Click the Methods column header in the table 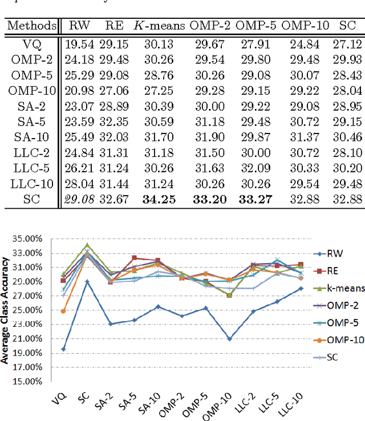[32, 26]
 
